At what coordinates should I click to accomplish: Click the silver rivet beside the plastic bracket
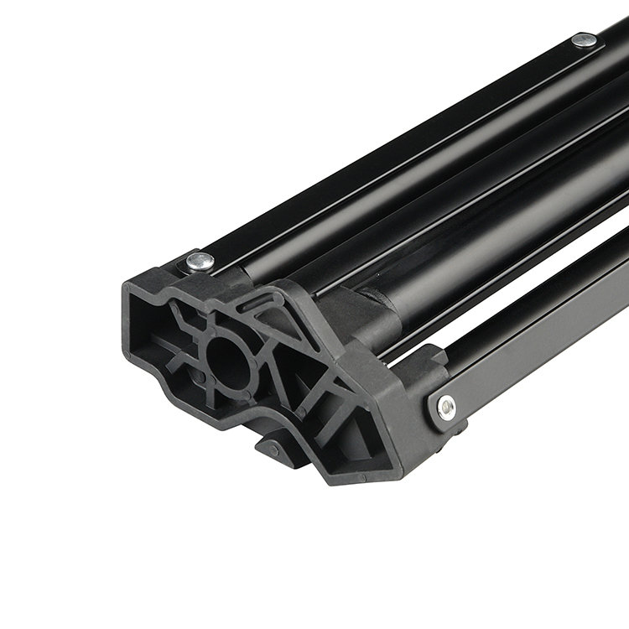(x=200, y=262)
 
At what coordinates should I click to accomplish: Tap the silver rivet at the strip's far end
(x=585, y=39)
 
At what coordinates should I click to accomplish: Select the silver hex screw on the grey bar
(x=448, y=408)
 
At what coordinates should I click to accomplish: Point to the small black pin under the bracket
(x=273, y=450)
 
